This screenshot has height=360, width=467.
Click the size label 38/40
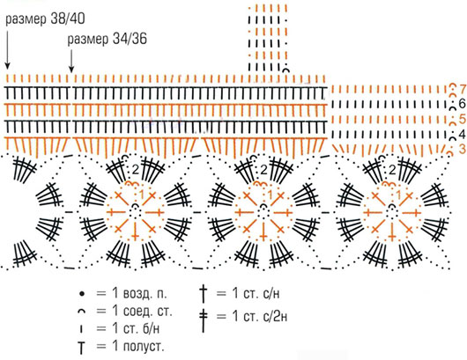click(x=45, y=19)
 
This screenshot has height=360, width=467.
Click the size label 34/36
click(x=107, y=40)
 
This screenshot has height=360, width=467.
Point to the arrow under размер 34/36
click(x=71, y=61)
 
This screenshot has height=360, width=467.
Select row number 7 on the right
click(x=463, y=89)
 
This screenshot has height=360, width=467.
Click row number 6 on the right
click(x=463, y=104)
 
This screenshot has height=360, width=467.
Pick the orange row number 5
click(x=463, y=119)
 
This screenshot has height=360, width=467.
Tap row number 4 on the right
click(x=463, y=134)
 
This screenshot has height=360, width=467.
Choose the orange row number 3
click(x=463, y=149)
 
